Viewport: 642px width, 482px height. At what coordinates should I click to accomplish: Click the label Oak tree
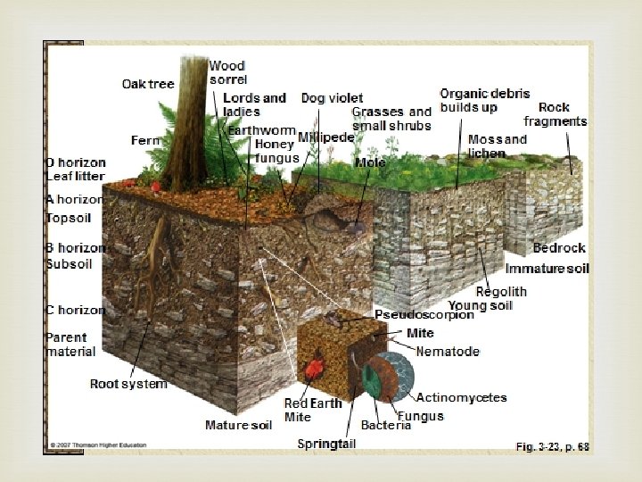[x=148, y=85]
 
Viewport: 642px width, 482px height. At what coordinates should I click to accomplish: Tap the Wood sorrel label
[x=227, y=72]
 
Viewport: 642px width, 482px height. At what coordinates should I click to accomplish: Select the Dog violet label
[x=332, y=97]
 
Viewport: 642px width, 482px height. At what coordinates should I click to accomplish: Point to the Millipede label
[x=325, y=137]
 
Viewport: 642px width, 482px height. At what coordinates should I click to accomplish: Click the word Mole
[x=370, y=162]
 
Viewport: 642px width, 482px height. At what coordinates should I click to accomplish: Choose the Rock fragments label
[x=556, y=114]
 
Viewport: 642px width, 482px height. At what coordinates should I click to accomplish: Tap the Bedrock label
[x=559, y=248]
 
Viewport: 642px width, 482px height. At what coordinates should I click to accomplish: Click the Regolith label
[x=500, y=291]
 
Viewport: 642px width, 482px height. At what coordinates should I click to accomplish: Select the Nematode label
[x=448, y=352]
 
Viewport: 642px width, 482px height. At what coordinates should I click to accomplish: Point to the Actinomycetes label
[x=461, y=397]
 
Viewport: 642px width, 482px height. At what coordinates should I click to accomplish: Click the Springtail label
[x=326, y=444]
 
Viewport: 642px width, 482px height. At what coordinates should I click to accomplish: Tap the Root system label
[x=128, y=384]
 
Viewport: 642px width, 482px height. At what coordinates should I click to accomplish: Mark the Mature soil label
[x=238, y=425]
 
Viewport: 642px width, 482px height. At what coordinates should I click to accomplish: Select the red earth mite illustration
[x=314, y=369]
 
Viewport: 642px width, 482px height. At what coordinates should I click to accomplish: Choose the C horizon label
[x=76, y=310]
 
